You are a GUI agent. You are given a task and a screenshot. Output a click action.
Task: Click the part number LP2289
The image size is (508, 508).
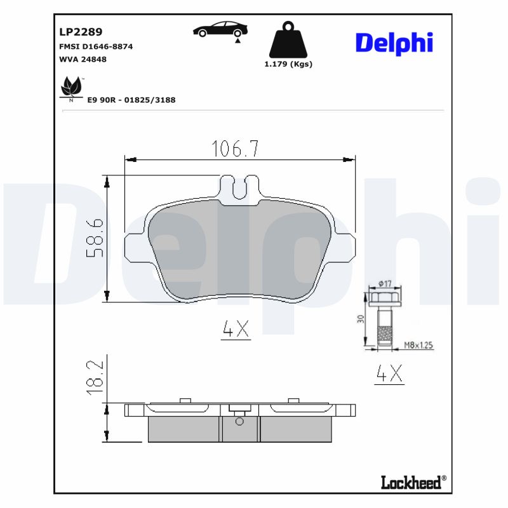(81, 31)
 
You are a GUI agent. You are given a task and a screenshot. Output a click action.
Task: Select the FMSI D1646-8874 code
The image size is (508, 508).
(95, 46)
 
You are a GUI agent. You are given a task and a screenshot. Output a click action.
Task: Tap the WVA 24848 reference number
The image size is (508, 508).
(83, 59)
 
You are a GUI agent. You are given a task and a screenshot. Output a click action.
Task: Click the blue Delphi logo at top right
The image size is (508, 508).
(394, 43)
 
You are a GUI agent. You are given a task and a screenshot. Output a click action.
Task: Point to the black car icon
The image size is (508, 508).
(221, 29)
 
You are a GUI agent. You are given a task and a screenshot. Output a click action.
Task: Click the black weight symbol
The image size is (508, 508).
(288, 40)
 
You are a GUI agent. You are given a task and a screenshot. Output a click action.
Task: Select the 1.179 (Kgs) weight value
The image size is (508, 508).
(288, 63)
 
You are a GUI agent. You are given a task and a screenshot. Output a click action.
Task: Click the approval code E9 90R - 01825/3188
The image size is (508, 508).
(131, 100)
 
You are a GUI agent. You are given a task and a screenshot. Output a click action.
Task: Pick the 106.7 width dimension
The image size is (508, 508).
(235, 149)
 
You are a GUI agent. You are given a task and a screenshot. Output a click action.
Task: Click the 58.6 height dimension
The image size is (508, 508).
(95, 238)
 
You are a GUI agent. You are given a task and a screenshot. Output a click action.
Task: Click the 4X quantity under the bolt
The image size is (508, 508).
(389, 374)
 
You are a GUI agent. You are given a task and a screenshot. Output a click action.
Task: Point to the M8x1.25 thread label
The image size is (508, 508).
(418, 345)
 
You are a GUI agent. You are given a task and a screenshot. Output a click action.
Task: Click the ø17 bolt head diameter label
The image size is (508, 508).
(385, 284)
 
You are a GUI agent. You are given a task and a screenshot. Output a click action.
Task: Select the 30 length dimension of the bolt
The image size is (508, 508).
(360, 319)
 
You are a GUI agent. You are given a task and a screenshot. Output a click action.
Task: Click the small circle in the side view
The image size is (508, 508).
(239, 420)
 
